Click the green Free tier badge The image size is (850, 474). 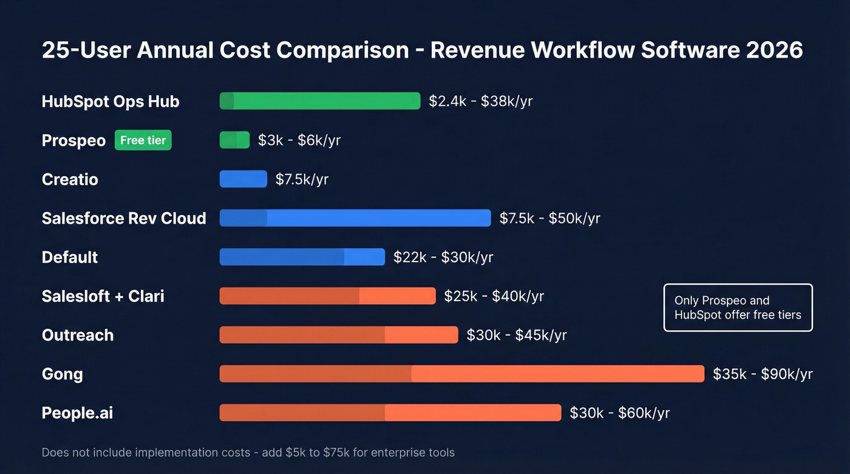(143, 140)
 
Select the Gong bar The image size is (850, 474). (461, 374)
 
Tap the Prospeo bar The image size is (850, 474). (234, 140)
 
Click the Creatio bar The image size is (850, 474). (243, 179)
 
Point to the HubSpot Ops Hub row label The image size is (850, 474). (110, 101)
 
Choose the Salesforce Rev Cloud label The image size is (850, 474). (124, 218)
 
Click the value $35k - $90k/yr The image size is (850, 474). (763, 374)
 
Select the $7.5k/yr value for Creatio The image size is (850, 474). (302, 179)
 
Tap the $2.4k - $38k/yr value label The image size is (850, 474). (480, 101)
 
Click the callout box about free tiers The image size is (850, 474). (738, 308)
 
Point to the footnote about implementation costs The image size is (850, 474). (248, 452)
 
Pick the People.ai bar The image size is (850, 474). (390, 413)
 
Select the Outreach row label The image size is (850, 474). (78, 335)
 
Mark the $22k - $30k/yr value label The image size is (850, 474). (443, 257)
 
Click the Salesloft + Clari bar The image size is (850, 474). (327, 296)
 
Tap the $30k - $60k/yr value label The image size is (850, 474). (619, 413)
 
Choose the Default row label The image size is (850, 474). (70, 257)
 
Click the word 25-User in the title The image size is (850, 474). (86, 50)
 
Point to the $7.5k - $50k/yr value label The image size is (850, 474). (549, 218)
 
